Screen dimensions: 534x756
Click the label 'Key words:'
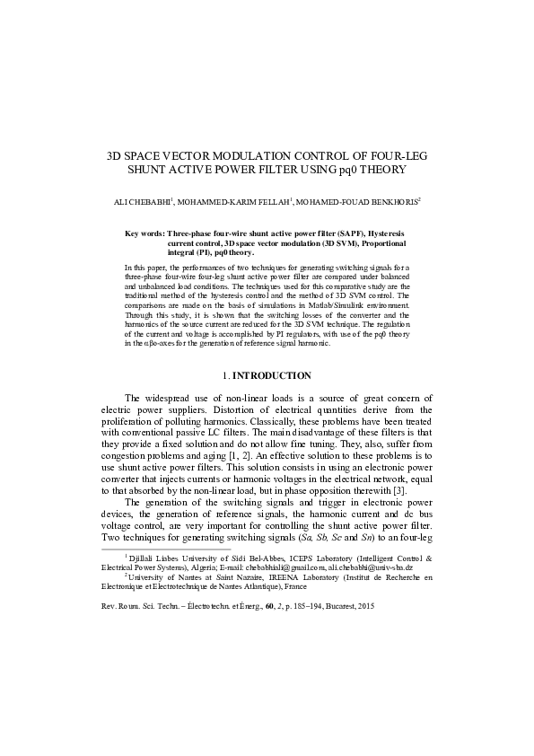pos(144,233)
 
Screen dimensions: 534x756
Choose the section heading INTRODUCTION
pos(272,375)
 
